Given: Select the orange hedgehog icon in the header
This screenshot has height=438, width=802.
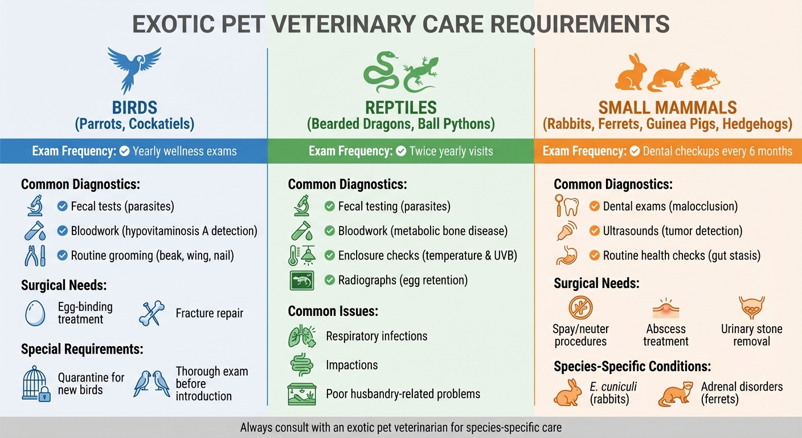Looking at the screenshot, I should coord(706,76).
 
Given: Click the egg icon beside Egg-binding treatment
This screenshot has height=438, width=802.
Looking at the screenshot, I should coord(35,313).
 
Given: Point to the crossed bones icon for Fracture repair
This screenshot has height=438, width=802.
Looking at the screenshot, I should coord(152,313).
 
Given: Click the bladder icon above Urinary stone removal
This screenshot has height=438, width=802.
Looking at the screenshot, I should coord(751,307).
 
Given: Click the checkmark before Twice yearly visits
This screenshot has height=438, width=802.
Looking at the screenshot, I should coord(401,151).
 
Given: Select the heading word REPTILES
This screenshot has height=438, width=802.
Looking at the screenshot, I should coord(401,107).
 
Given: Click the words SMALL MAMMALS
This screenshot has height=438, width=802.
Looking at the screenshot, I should coord(668,107).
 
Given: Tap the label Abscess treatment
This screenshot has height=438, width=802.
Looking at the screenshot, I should coord(666,335).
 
